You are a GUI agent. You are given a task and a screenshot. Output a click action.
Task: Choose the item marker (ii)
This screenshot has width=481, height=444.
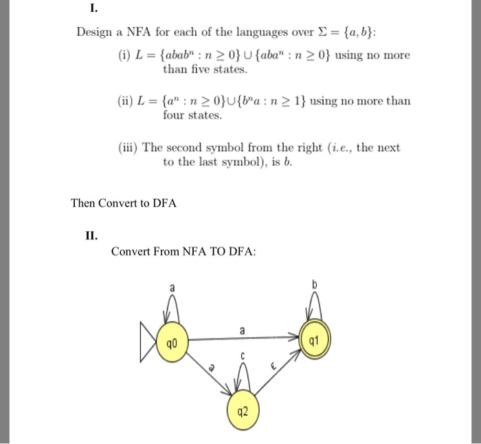[128, 101]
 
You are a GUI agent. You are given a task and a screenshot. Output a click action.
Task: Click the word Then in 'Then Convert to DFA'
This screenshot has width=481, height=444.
[84, 203]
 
